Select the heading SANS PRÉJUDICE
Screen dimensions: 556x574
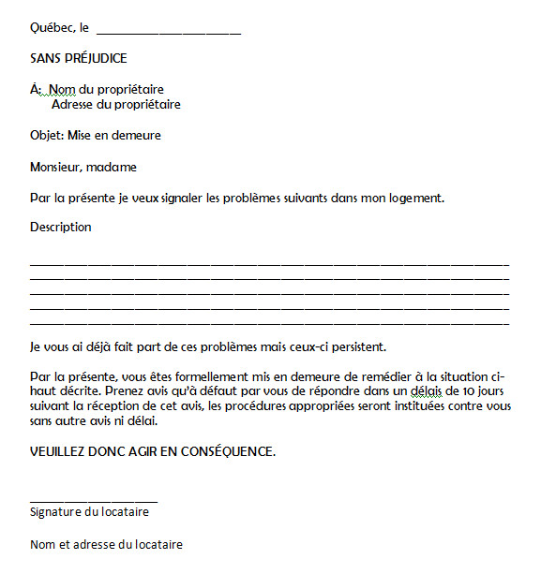point(78,58)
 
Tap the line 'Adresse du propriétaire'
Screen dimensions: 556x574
point(115,105)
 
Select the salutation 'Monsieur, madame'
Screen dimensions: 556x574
point(83,168)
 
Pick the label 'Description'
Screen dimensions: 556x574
point(61,228)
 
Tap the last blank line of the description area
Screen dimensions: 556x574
point(269,323)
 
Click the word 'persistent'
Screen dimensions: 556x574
point(356,347)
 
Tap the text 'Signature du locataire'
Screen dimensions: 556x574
point(89,512)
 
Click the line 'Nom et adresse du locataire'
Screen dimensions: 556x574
point(106,545)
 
